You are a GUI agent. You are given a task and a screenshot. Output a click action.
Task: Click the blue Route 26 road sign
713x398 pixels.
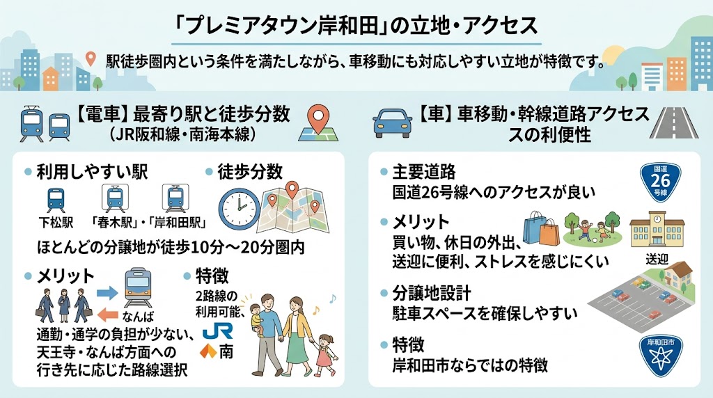click(660, 182)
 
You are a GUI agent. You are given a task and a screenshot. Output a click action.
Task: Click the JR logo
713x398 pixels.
click(214, 326)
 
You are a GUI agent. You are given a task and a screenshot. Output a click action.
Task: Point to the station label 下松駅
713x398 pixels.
click(55, 224)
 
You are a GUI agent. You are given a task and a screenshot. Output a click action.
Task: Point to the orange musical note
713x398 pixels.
click(333, 298)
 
